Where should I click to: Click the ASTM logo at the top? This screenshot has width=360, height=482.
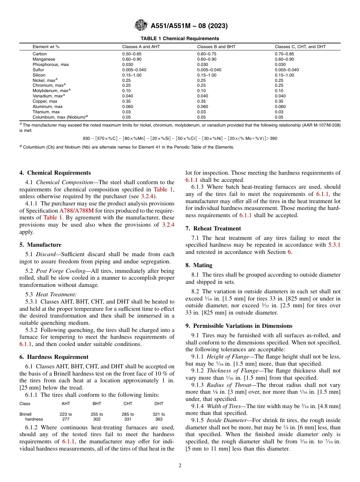(141, 26)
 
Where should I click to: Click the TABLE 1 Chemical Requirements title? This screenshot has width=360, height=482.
(180, 39)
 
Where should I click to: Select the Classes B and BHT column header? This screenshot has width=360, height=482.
(216, 47)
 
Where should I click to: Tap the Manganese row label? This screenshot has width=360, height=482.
(44, 59)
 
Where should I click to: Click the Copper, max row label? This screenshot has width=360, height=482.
(45, 102)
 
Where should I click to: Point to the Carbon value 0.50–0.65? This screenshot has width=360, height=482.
(131, 54)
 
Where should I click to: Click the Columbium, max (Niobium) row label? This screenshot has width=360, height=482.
(60, 117)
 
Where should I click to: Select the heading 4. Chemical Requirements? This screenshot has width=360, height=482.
(55, 173)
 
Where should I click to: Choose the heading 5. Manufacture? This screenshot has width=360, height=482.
(40, 245)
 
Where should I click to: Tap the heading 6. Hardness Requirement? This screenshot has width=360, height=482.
(54, 357)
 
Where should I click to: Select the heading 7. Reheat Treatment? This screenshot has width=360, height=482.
(213, 228)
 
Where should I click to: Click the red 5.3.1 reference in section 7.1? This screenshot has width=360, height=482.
(334, 245)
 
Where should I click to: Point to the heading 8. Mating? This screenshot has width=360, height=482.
(199, 265)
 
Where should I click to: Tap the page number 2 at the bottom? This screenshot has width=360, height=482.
(180, 466)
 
